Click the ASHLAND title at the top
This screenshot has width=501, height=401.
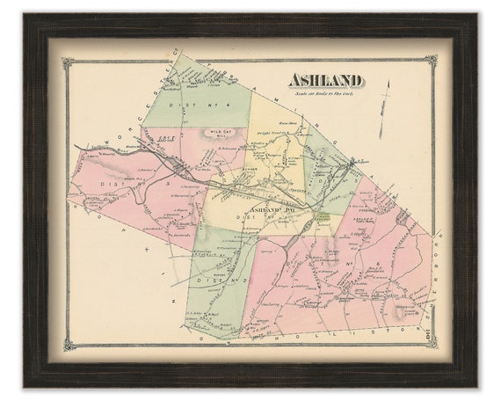[325, 81]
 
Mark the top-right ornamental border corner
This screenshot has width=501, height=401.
[431, 62]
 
